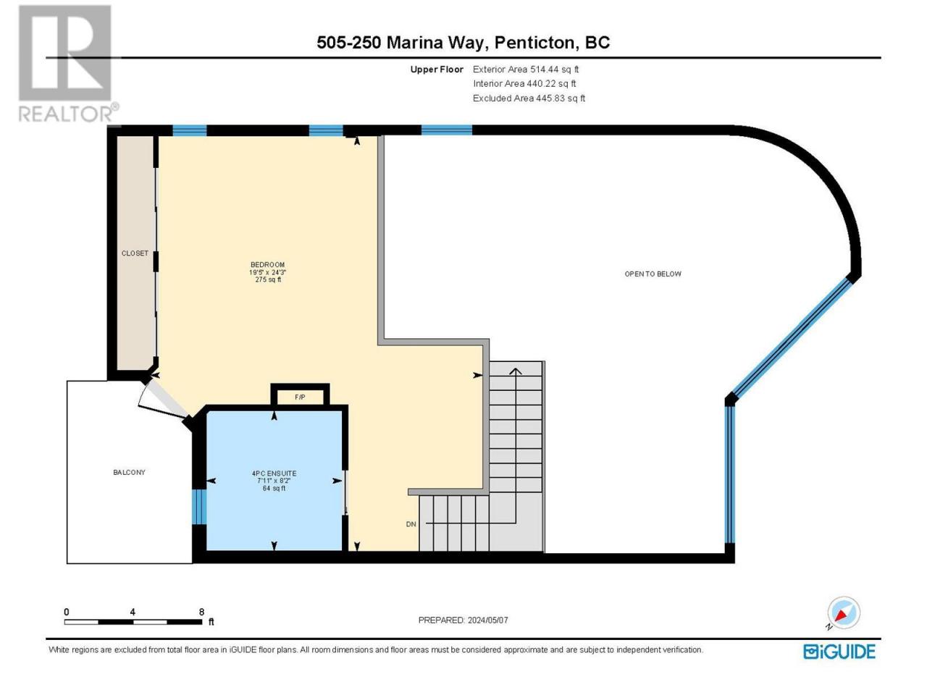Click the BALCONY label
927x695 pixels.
(129, 472)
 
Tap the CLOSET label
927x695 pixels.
(135, 253)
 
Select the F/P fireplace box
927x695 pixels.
(300, 396)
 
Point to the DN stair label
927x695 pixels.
(411, 524)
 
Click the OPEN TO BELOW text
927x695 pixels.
(653, 274)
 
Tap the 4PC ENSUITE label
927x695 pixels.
(274, 473)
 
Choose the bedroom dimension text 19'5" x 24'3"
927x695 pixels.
(268, 272)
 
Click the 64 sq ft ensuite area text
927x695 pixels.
(274, 488)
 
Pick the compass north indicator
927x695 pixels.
(843, 613)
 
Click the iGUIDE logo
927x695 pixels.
(839, 652)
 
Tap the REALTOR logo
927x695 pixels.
(67, 63)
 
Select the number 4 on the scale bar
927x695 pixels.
(133, 612)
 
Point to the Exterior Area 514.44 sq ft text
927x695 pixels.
(526, 69)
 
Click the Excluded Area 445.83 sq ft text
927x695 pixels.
(529, 98)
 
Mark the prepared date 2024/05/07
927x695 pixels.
(487, 620)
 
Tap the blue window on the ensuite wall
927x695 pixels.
(199, 506)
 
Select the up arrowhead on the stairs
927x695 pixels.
(515, 371)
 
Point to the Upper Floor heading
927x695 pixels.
(437, 69)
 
